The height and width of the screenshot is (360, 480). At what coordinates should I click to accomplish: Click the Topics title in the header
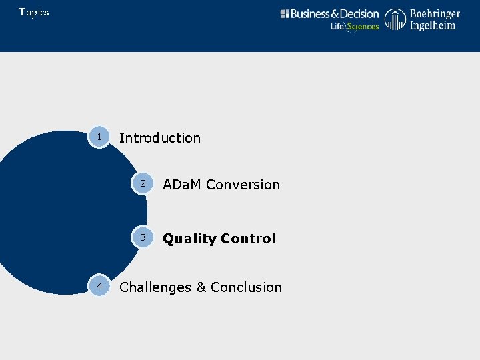coord(33,12)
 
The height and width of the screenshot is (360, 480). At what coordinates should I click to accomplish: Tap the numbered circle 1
coord(99,137)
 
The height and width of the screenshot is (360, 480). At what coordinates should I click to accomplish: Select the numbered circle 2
coord(142,183)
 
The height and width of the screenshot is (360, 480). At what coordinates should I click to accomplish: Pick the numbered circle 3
coord(142,237)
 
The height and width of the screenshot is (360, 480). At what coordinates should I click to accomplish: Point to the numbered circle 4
coord(99,285)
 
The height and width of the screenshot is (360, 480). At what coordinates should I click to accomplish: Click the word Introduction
coord(159,138)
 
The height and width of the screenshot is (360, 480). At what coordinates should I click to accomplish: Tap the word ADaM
coord(183,185)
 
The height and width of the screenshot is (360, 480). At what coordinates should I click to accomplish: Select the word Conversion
coord(243,185)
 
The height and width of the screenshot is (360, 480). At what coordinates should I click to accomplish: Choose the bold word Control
coord(249,239)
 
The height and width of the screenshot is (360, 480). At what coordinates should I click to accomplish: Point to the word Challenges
coord(155,287)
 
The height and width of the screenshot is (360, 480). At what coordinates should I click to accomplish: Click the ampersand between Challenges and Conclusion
coord(201,287)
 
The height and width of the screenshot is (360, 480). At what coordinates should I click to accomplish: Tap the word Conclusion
coord(246,287)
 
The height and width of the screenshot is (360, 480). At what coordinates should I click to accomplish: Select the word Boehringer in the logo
coord(435,13)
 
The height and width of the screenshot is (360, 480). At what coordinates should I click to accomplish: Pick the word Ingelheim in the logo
coord(433,25)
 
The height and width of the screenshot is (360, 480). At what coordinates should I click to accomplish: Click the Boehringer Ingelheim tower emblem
coord(395,19)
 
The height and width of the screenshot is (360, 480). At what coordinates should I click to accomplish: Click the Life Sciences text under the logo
coord(355,27)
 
